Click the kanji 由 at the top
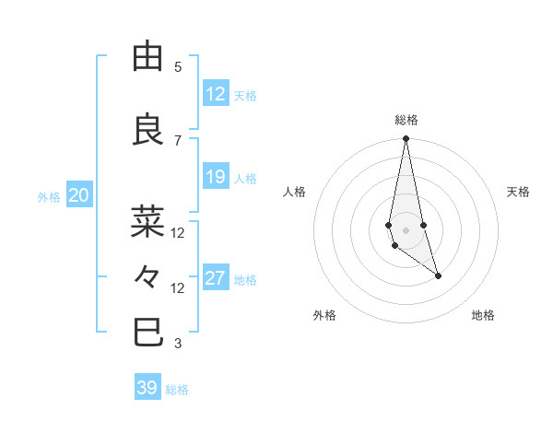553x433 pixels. coord(147,57)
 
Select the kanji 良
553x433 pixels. coord(147,130)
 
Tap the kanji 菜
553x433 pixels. coord(147,222)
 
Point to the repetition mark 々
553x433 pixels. coord(147,276)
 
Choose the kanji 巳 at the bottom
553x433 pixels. coord(147,332)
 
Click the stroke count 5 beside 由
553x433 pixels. coord(178,67)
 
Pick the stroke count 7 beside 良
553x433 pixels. coord(178,140)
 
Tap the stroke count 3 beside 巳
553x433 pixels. coord(178,344)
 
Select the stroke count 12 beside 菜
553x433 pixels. coord(178,233)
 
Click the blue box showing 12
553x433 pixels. coord(216,94)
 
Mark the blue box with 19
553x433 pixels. coord(216,177)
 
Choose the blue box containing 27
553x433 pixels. coord(216,278)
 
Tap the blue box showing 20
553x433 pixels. coord(79,195)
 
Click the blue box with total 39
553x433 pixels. coord(147,388)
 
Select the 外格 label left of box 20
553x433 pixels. coord(49,196)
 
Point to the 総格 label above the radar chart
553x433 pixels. coord(406,120)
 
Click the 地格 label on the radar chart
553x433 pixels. coord(483,315)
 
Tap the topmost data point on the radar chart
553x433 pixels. coord(406,139)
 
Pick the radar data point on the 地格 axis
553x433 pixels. coord(438,275)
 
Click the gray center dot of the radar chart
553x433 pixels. coord(406,229)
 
